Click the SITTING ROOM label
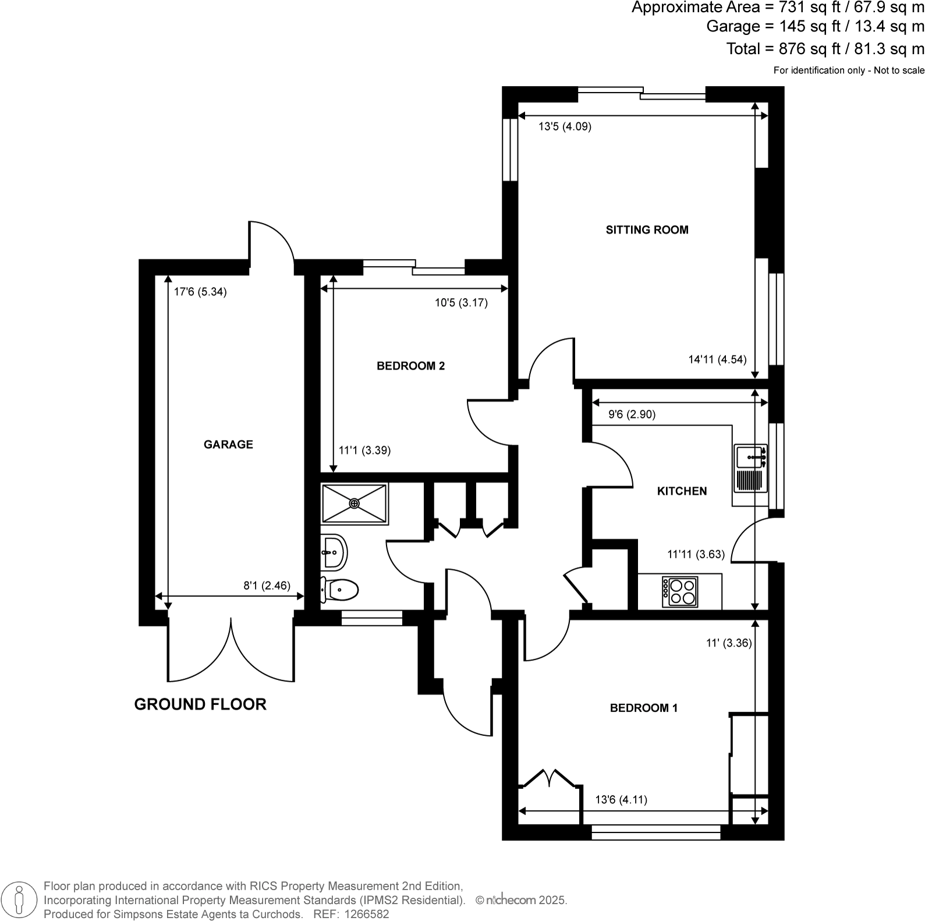pos(647,230)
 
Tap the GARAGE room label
pos(228,445)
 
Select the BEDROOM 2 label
pos(410,366)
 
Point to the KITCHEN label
pos(682,491)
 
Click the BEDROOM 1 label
pos(643,709)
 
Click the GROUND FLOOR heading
pos(200,704)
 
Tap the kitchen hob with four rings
pos(680,591)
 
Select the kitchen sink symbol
pos(750,457)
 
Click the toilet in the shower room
pos(341,590)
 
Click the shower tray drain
pos(355,503)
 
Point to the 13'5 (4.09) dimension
pos(565,126)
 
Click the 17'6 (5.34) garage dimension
pos(200,292)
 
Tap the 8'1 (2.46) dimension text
pos(267,586)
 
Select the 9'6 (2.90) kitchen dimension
pos(632,415)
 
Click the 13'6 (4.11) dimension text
pos(621,800)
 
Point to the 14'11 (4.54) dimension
pos(717,360)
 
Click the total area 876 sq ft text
pos(825,49)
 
